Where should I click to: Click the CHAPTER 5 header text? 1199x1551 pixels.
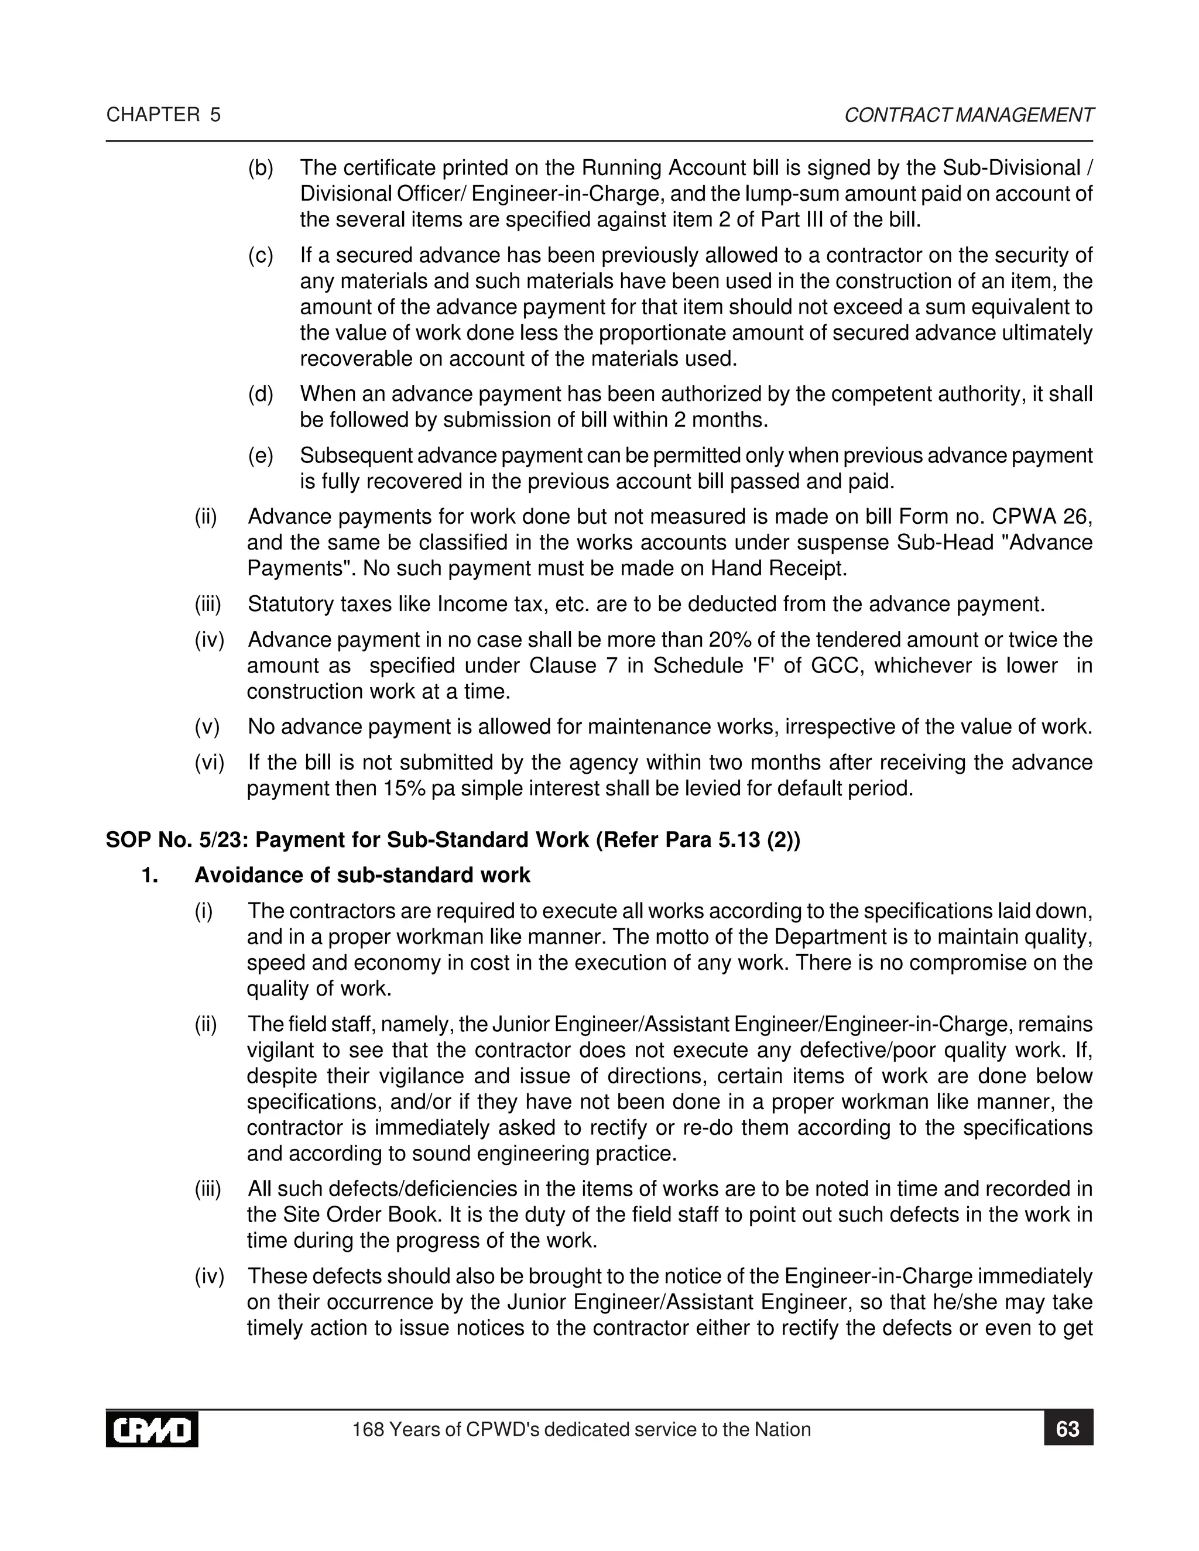(x=163, y=115)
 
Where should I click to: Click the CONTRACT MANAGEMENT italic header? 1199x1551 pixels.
(x=968, y=115)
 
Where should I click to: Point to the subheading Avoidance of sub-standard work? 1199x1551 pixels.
(x=362, y=875)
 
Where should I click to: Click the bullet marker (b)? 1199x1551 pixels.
(x=261, y=169)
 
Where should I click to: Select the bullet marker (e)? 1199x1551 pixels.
(x=261, y=456)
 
